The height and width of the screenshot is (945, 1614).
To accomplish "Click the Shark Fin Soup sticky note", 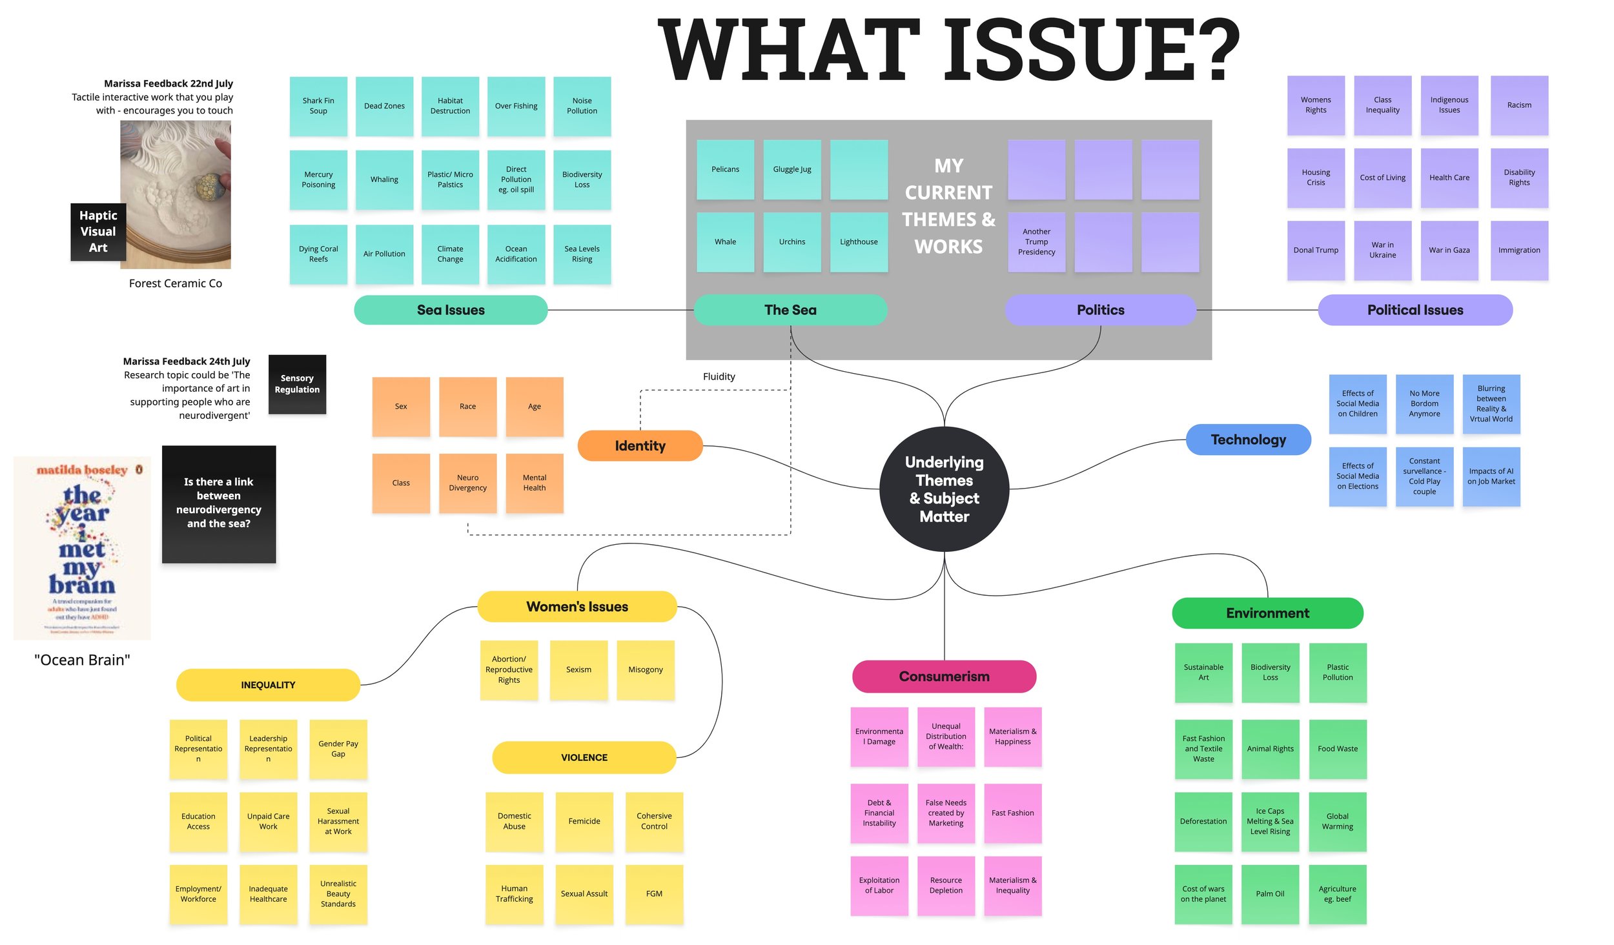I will tap(318, 106).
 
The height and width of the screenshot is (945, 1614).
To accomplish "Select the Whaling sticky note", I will tap(384, 179).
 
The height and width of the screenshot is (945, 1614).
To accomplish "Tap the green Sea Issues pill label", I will tap(451, 310).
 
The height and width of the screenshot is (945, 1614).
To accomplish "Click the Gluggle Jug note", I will tap(792, 169).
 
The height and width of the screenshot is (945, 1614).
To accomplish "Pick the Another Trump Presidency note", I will tap(1036, 242).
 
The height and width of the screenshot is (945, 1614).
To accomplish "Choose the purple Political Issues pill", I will tap(1415, 310).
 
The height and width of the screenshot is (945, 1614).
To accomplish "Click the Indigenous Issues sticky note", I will tap(1449, 105).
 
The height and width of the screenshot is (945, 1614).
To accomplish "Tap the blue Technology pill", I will tap(1248, 440).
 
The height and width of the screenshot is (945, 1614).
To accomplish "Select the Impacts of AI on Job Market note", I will tap(1491, 476).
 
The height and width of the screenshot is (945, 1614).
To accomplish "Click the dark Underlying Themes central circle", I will tap(944, 489).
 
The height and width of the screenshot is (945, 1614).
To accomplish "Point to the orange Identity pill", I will tap(640, 445).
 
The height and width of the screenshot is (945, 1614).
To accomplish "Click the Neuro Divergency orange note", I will tap(467, 483).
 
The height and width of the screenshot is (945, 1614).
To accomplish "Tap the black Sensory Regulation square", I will tap(297, 384).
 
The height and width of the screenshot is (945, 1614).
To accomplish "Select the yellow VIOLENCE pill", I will tap(584, 757).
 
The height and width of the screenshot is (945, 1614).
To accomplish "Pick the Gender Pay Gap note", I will tap(338, 749).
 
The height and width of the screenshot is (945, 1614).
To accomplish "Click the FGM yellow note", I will tap(654, 893).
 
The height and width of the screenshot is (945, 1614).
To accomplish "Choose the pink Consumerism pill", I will tap(944, 676).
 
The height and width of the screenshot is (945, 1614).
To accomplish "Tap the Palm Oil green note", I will tap(1270, 893).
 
